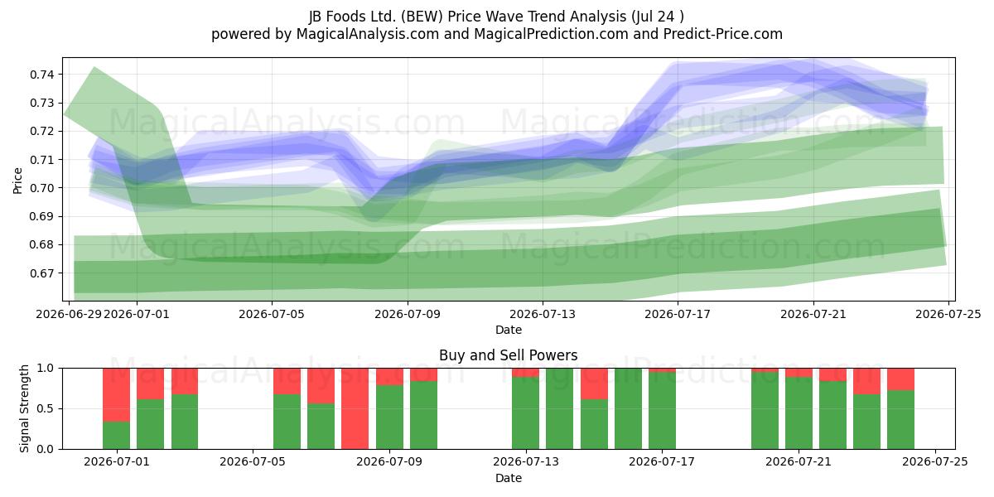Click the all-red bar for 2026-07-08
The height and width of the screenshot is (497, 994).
[x=355, y=408]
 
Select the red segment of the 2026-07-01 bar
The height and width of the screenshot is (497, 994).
[x=116, y=394]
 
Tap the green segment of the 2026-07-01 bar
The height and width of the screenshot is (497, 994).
[x=116, y=435]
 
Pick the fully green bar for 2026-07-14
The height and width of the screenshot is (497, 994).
[x=560, y=408]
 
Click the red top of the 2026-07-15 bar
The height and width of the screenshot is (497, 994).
[x=594, y=384]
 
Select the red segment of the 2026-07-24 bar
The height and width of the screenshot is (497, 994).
[x=901, y=379]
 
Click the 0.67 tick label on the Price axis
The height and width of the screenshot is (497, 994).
[x=42, y=273]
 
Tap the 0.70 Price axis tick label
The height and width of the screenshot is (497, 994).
[x=42, y=188]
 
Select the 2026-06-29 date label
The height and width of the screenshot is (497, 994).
[x=69, y=314]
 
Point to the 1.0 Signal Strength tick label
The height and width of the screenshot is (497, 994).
[x=45, y=368]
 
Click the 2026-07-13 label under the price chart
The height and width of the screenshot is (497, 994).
[x=543, y=314]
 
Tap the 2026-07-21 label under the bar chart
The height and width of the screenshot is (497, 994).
[x=799, y=461]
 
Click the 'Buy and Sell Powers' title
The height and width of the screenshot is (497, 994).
[x=508, y=355]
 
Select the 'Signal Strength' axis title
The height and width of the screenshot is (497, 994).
[x=24, y=408]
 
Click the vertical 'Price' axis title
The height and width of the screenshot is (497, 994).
[x=17, y=181]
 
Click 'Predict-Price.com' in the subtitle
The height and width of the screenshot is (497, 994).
[x=723, y=34]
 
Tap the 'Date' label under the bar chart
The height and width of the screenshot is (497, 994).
[x=508, y=478]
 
